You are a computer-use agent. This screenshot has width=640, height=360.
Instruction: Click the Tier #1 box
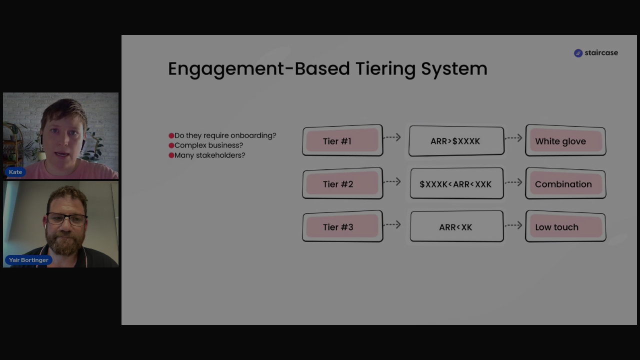click(342, 140)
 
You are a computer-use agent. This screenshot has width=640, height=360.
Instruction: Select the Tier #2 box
click(342, 183)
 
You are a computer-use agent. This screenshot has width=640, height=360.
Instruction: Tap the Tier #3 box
click(342, 226)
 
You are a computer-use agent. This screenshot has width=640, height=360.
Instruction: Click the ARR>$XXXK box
click(456, 141)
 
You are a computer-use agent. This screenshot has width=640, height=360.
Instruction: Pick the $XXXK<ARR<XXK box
click(456, 183)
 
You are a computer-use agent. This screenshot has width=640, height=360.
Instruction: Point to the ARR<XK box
click(456, 226)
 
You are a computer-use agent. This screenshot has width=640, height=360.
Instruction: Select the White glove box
click(565, 140)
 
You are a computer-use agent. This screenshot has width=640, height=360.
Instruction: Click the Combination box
click(565, 183)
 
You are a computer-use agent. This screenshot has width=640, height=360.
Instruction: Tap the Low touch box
click(565, 226)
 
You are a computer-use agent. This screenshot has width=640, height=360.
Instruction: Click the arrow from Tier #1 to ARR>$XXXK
click(392, 137)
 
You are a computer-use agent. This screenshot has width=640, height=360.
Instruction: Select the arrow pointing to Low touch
click(513, 225)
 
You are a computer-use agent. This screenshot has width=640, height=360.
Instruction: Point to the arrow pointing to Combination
click(513, 182)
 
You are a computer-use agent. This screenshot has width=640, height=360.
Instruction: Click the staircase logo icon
click(578, 53)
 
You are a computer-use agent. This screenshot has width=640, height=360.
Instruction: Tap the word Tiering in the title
click(385, 69)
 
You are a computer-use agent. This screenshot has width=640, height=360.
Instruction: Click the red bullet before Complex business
click(171, 145)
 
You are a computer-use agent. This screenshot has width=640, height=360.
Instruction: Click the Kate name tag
click(15, 172)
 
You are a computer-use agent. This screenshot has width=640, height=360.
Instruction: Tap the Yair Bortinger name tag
click(28, 260)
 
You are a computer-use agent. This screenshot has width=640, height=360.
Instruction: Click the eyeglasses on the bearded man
click(66, 219)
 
